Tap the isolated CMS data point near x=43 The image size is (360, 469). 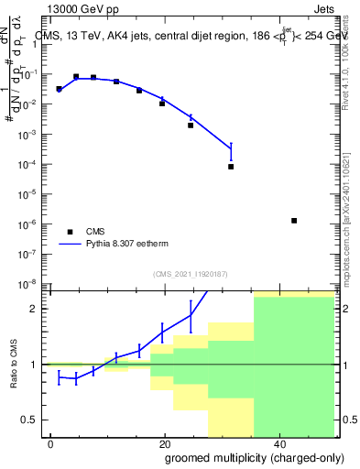pyautogui.click(x=293, y=221)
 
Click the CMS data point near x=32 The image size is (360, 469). pyautogui.click(x=231, y=167)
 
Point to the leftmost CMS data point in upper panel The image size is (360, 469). pyautogui.click(x=59, y=89)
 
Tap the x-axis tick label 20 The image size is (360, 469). pyautogui.click(x=164, y=443)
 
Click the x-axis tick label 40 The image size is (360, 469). pyautogui.click(x=278, y=443)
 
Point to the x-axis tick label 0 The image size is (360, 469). pyautogui.click(x=51, y=443)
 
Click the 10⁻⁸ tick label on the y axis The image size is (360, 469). pyautogui.click(x=32, y=284)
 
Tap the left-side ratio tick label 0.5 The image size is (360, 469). pyautogui.click(x=34, y=420)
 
